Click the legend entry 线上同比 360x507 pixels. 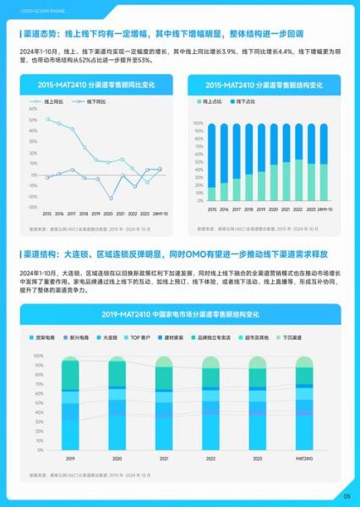click(x=60, y=101)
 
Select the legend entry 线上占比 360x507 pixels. click(x=212, y=101)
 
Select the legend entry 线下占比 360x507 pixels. click(x=245, y=101)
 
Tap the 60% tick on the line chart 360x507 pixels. click(x=33, y=109)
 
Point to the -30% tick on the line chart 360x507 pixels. click(x=33, y=207)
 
